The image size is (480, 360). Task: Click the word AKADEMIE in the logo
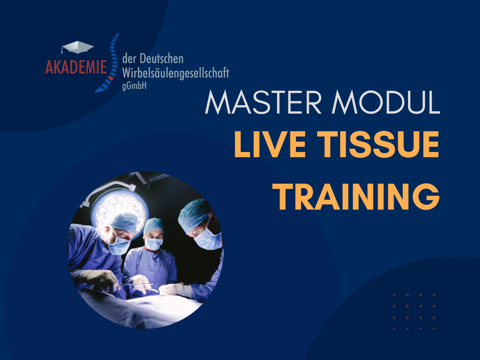76,67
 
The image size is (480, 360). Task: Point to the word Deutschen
161,58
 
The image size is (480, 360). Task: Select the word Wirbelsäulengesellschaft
176,73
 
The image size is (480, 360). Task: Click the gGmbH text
134,86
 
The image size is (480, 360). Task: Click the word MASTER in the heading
263,102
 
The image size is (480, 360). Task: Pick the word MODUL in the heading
386,102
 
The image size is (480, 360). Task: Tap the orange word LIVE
270,144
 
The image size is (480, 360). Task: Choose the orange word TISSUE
378,144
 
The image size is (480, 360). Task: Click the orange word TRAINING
356,196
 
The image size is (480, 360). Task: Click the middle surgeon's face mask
154,244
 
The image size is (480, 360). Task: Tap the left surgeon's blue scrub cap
124,222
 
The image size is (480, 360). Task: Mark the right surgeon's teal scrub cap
194,215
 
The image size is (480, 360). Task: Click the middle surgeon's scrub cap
154,225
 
